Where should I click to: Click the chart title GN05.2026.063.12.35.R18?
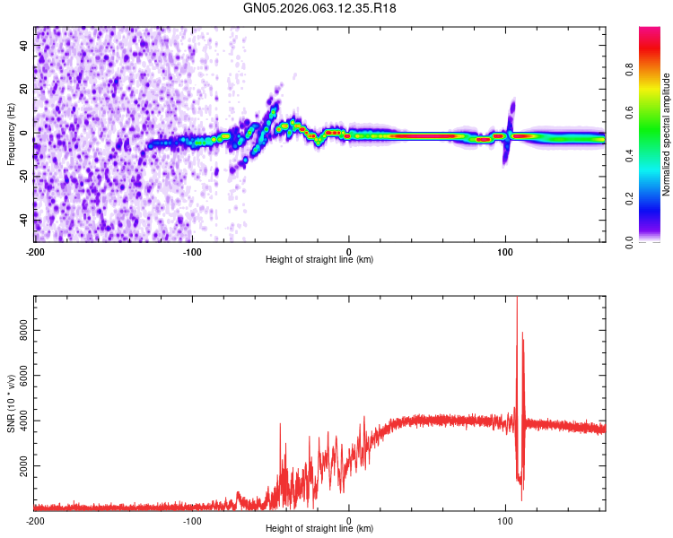point(320,8)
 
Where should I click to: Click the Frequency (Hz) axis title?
point(11,134)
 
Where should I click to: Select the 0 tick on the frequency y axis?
point(27,132)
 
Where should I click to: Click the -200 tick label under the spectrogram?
point(35,250)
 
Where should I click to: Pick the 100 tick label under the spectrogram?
point(505,250)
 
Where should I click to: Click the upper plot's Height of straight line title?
point(319,260)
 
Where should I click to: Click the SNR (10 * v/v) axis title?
point(11,403)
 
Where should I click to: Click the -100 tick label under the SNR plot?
point(192,520)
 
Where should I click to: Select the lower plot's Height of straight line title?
point(319,530)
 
